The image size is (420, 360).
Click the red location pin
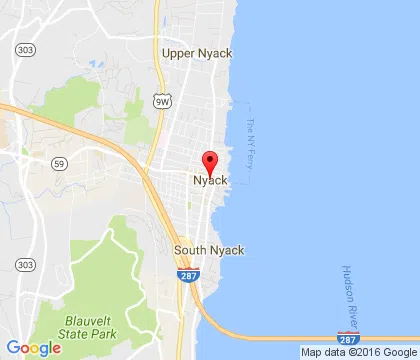(210, 163)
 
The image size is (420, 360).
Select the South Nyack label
(209, 250)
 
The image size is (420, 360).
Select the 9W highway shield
(162, 101)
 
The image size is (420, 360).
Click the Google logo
(33, 347)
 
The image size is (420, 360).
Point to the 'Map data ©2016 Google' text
(357, 352)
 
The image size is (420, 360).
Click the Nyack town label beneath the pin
(210, 180)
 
